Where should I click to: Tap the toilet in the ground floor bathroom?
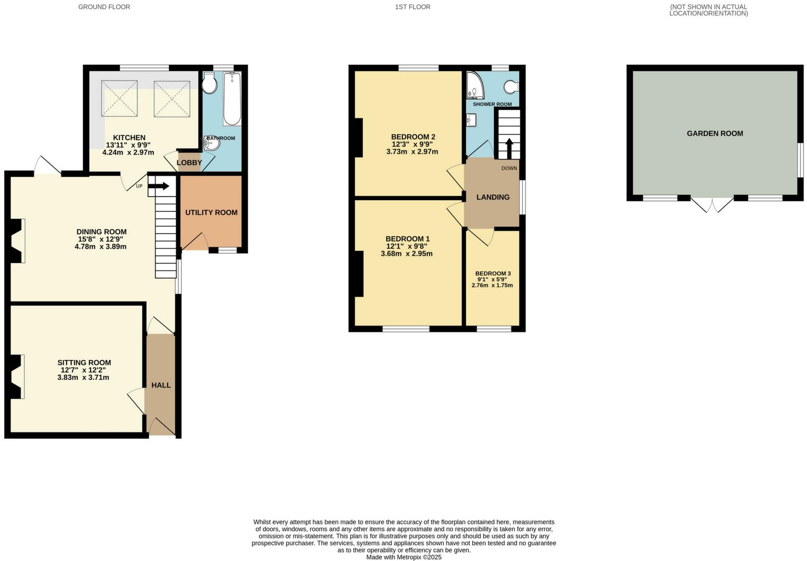tap(209, 83)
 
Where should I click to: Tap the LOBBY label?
tap(189, 163)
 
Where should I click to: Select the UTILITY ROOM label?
tap(211, 213)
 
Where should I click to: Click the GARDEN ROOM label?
tap(715, 133)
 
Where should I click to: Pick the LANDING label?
tap(493, 197)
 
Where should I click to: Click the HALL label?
tap(161, 385)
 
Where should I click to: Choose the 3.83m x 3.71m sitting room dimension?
tap(83, 378)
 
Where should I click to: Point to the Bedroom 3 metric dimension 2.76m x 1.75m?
tap(492, 285)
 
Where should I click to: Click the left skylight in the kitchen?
tap(119, 99)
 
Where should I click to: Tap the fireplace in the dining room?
tap(16, 241)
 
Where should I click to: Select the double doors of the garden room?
tap(712, 205)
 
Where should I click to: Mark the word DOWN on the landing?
tap(509, 168)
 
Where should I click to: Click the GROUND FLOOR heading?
tap(104, 7)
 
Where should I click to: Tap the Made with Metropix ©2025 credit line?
tap(404, 557)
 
